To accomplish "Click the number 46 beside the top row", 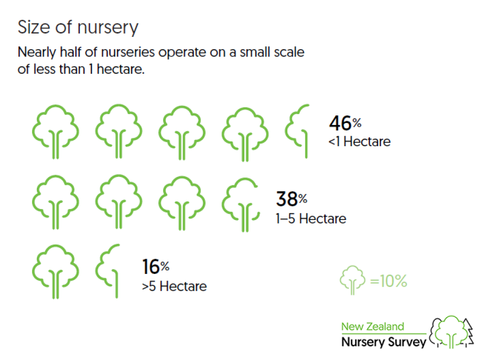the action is [x=340, y=123].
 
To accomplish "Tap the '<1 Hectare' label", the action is [x=360, y=141].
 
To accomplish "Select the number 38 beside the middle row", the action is [x=287, y=199].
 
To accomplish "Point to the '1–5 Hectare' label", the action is [x=311, y=219].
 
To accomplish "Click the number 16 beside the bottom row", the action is [x=151, y=267].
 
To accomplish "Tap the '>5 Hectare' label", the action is [x=174, y=287].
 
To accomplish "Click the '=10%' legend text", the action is [x=389, y=281].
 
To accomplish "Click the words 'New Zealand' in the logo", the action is [x=372, y=326].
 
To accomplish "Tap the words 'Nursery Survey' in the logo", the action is [x=384, y=342].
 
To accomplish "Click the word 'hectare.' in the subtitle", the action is [x=121, y=69].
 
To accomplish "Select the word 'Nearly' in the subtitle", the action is [x=37, y=53].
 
